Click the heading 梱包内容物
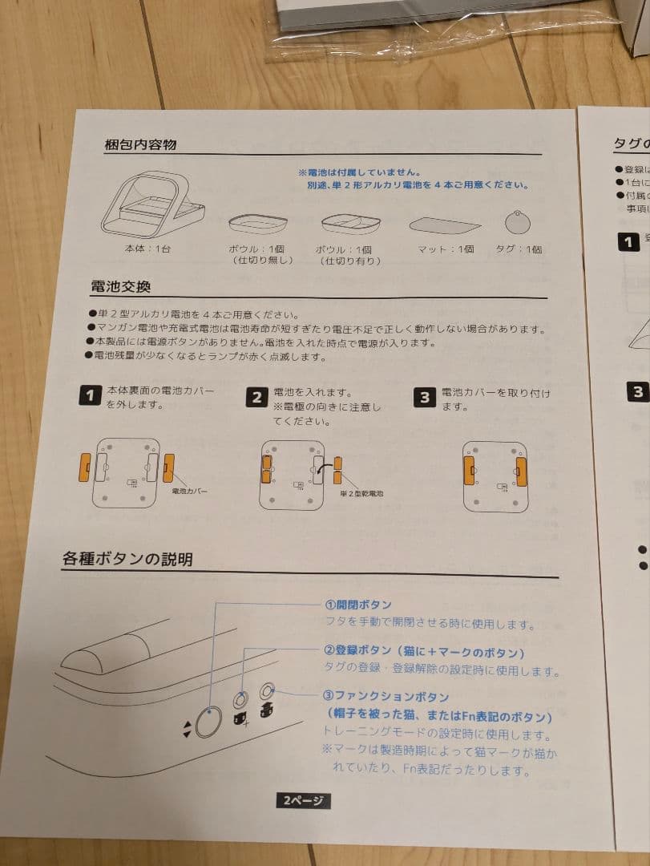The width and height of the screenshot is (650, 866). point(140,145)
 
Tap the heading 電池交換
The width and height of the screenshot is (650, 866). point(120,286)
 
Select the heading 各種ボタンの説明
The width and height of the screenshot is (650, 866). point(127,559)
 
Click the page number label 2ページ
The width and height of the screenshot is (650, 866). point(304,800)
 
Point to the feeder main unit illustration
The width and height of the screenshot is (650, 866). point(151,204)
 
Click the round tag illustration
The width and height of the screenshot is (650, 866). point(519,221)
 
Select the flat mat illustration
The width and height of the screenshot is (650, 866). point(445,225)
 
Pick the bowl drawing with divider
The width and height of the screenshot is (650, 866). point(351,222)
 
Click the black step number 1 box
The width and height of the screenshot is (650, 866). point(91,395)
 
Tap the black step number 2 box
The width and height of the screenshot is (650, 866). point(256,397)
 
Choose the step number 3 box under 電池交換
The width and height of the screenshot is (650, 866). point(425,397)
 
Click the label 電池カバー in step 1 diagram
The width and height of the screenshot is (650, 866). point(189,491)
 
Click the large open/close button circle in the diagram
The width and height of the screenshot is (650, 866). point(208,724)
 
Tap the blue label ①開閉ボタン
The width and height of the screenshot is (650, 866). point(357,604)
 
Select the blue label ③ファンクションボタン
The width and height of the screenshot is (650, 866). point(386,697)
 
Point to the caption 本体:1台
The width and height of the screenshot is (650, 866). point(147,249)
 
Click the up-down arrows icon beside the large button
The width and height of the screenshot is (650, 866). point(187,728)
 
